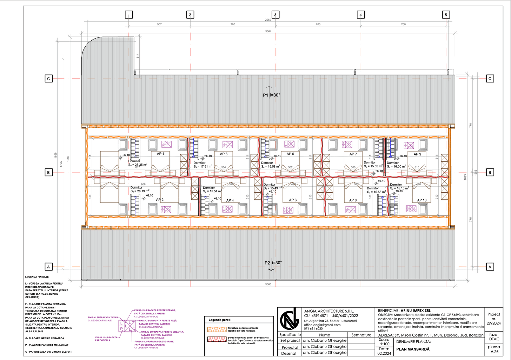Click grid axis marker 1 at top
(x=129, y=15)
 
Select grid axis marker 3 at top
(x=275, y=15)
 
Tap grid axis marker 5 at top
(x=446, y=15)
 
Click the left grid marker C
(x=48, y=79)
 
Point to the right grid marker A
(x=490, y=267)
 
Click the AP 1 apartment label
(x=160, y=154)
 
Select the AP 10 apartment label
(x=422, y=200)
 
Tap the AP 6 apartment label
(x=293, y=200)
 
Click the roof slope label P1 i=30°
(x=272, y=95)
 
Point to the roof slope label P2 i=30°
(x=273, y=263)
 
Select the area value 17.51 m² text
(x=204, y=166)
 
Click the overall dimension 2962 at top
(x=268, y=20)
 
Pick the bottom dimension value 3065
(x=268, y=284)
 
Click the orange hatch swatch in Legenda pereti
(x=217, y=329)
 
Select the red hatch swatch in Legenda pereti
(x=217, y=339)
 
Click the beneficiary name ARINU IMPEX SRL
(x=415, y=311)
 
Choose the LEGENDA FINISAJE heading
(x=37, y=277)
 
